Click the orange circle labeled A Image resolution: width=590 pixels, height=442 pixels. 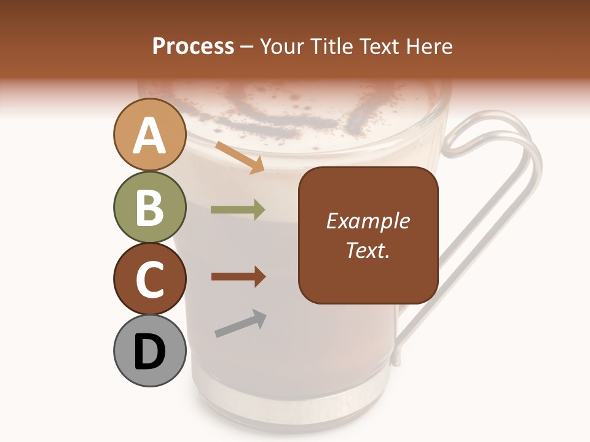(x=149, y=135)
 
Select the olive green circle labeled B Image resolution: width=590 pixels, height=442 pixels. (x=149, y=207)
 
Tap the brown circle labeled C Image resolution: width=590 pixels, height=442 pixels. (x=149, y=279)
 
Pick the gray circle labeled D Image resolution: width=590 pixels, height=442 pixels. (x=149, y=351)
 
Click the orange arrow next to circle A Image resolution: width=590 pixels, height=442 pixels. (x=239, y=157)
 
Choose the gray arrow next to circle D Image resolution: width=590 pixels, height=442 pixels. (x=240, y=324)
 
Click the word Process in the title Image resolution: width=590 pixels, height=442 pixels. (x=193, y=47)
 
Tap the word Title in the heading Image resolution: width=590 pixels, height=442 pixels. (x=333, y=47)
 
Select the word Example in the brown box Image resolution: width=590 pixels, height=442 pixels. (x=368, y=221)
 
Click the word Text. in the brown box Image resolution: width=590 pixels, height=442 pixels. (x=368, y=250)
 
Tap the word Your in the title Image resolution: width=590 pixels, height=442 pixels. (x=285, y=47)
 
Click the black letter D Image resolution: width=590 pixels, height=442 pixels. (x=149, y=352)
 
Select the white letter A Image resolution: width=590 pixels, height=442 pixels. (x=149, y=136)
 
